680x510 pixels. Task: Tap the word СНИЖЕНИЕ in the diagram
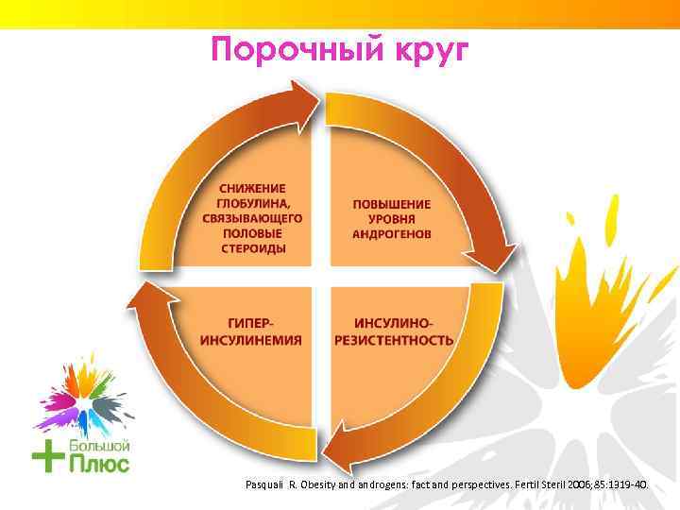click(x=252, y=187)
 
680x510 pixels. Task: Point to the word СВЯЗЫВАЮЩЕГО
click(x=252, y=217)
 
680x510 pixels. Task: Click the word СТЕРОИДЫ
click(x=252, y=248)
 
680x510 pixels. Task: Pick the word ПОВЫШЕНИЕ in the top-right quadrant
click(x=391, y=203)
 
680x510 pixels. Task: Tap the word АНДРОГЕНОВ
click(x=391, y=233)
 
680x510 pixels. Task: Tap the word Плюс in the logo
click(x=98, y=463)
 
